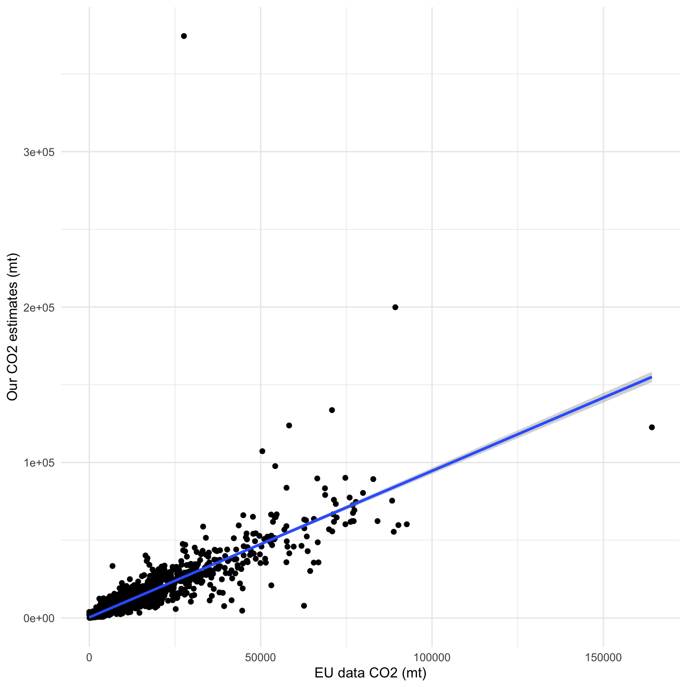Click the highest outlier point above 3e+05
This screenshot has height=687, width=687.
pos(184,36)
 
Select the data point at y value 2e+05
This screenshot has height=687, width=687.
pos(395,307)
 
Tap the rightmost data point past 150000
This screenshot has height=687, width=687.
pos(652,427)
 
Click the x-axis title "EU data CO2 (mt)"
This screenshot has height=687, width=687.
pos(370,673)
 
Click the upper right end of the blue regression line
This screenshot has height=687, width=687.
pos(651,377)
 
